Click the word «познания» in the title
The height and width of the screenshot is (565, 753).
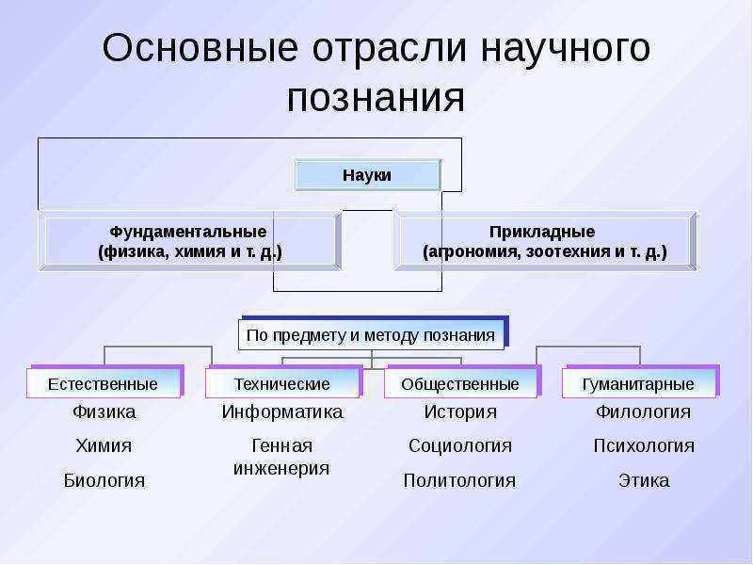(376, 99)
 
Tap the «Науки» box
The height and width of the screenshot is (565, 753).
(367, 175)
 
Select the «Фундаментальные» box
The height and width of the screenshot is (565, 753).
(190, 241)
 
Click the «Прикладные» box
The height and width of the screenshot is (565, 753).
(545, 241)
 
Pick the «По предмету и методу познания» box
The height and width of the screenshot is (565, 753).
(371, 334)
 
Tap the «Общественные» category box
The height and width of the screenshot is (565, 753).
(462, 382)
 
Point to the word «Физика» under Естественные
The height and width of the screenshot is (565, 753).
(104, 412)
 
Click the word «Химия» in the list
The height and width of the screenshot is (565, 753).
(104, 445)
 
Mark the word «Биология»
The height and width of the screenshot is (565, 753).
(104, 480)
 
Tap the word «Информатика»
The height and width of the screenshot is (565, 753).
(282, 412)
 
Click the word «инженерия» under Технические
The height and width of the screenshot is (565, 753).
(281, 468)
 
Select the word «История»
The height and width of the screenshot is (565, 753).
(460, 412)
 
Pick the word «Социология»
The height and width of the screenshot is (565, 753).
(460, 445)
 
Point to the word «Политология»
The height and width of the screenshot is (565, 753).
(459, 480)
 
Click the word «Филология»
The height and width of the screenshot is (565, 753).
(644, 412)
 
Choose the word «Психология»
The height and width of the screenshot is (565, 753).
(644, 445)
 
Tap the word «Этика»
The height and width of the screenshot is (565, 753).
(644, 480)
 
